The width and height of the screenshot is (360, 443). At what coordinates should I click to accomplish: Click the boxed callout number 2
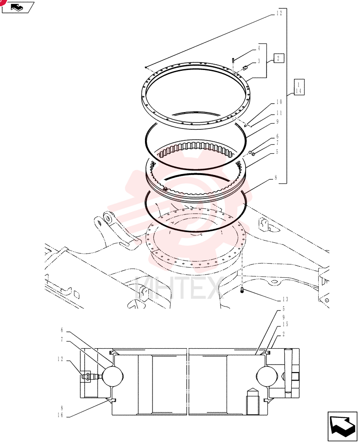(x=278, y=58)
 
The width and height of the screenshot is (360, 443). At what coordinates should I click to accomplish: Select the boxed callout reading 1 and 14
(x=299, y=87)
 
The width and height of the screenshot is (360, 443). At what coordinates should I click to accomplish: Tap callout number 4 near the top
(x=258, y=48)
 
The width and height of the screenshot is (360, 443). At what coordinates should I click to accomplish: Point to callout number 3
(x=258, y=61)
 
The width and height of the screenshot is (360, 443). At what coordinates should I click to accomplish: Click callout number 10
(x=279, y=102)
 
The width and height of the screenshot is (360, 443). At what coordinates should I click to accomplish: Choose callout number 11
(x=279, y=113)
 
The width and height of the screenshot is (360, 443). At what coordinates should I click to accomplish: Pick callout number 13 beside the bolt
(x=285, y=299)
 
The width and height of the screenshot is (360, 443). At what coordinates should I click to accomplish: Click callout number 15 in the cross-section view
(x=285, y=324)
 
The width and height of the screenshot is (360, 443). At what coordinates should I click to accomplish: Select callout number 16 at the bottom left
(x=61, y=416)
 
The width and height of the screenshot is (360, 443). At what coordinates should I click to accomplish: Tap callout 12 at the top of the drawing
(x=279, y=13)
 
